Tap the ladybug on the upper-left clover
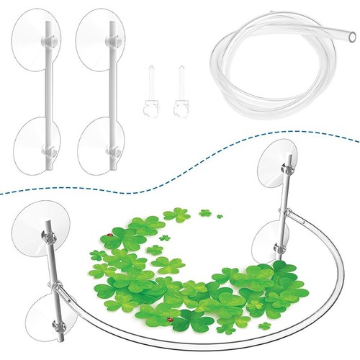click(109, 235)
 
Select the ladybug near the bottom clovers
click(169, 319)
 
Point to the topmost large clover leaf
click(176, 215)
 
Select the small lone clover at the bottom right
click(264, 325)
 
